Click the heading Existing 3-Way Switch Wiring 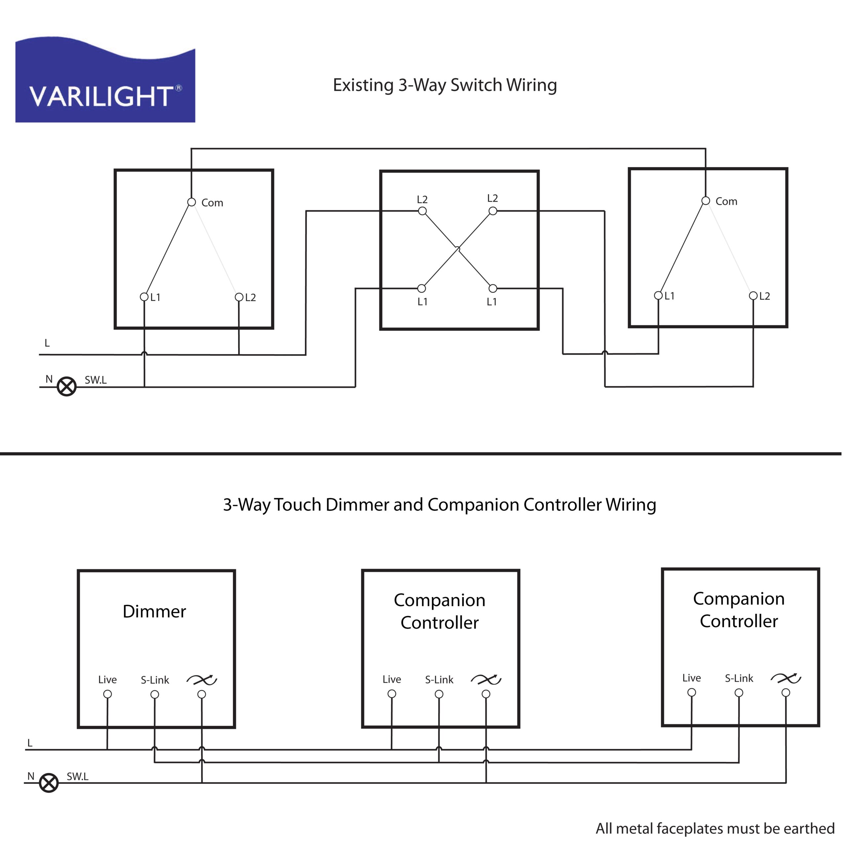pos(444,85)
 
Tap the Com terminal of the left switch pos(191,202)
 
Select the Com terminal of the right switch pos(706,201)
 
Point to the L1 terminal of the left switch pos(144,297)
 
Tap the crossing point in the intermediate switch pos(458,250)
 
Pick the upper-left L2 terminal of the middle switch pos(422,211)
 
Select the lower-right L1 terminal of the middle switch pos(493,288)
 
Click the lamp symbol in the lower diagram pos(49,783)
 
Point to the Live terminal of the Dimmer pos(107,694)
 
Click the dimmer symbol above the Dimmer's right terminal pos(202,679)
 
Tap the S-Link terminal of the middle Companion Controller pos(439,694)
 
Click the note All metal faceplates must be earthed pos(714,828)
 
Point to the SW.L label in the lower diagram pos(78,776)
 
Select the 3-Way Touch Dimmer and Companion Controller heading pos(439,504)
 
